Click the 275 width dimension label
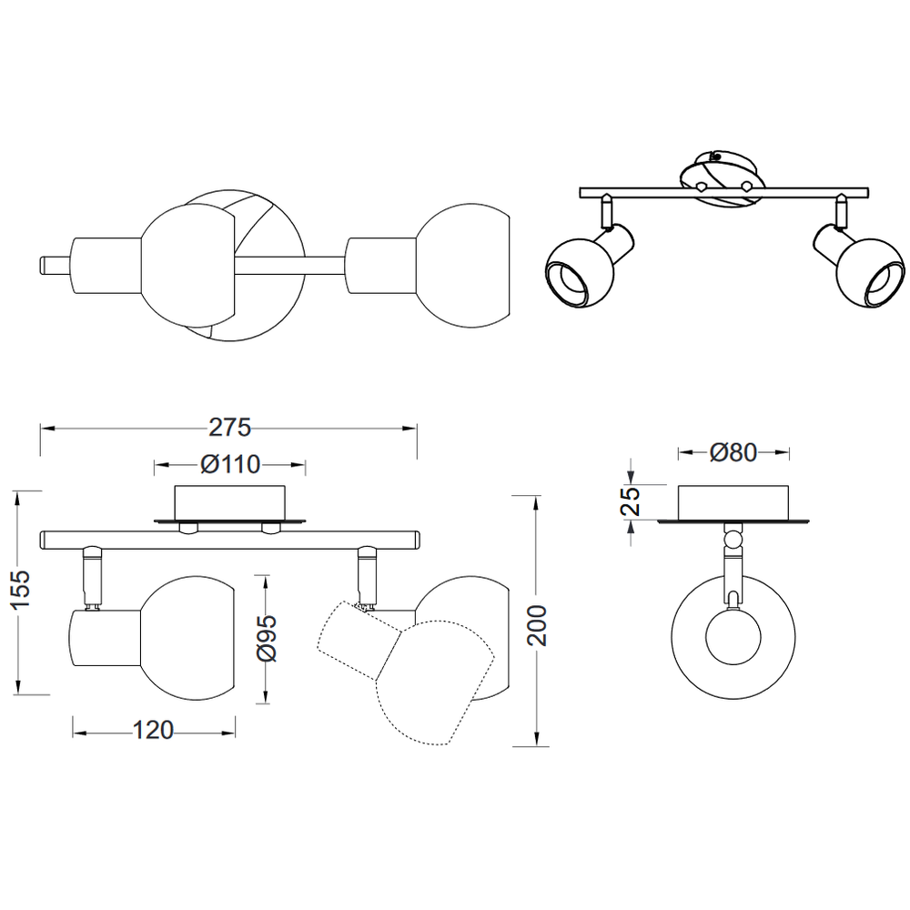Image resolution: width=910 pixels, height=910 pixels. pos(230,428)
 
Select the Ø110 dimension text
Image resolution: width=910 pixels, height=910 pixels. pos(230,464)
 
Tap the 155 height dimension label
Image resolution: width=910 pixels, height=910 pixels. pos(21,589)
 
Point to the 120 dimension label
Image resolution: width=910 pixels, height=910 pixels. pos(153,730)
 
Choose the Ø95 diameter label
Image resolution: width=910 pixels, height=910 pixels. pos(267,639)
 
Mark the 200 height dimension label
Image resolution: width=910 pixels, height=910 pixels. pos(537,625)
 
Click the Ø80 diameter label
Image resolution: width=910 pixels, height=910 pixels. pos(733,452)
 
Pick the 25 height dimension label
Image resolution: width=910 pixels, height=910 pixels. pos(631,501)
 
